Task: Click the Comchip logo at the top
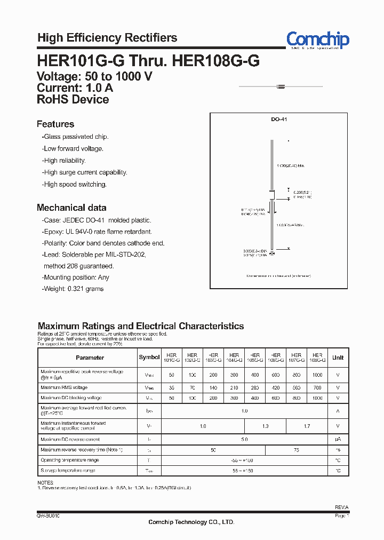[x=317, y=39]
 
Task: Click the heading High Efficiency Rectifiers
[x=107, y=38]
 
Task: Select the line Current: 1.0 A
[x=73, y=88]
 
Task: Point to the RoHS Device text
[x=73, y=99]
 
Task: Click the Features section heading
[x=55, y=124]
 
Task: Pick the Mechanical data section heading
[x=71, y=208]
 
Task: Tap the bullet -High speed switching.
[x=75, y=184]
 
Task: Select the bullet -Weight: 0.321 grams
[x=73, y=289]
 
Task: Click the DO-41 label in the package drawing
[x=279, y=120]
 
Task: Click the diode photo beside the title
[x=281, y=86]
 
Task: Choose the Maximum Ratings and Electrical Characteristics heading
[x=141, y=326]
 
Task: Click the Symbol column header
[x=149, y=358]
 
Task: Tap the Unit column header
[x=338, y=358]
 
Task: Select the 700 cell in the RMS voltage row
[x=317, y=387]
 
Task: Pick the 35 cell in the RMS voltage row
[x=171, y=387]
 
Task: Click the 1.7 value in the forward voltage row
[x=307, y=426]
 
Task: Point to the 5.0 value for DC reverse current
[x=244, y=439]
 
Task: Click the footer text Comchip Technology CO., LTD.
[x=191, y=522]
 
